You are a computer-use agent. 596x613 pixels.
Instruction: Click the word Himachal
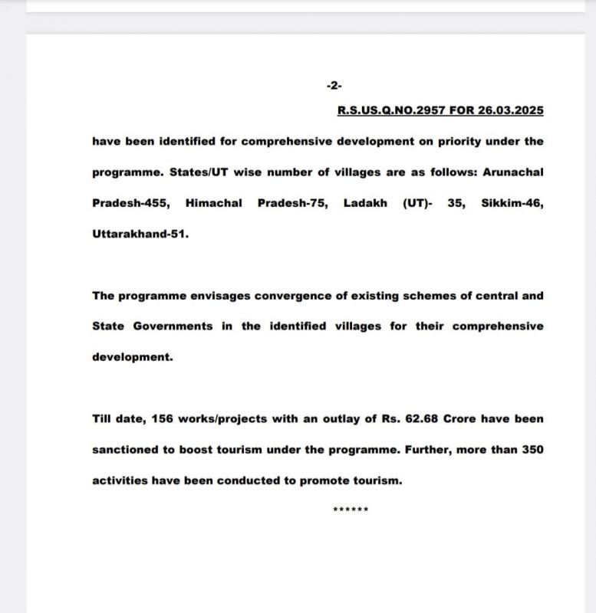pos(214,203)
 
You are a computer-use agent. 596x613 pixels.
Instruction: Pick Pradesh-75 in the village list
pos(296,203)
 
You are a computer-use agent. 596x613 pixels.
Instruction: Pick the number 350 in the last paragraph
pos(532,450)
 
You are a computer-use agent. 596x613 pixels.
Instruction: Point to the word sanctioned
pos(125,450)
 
